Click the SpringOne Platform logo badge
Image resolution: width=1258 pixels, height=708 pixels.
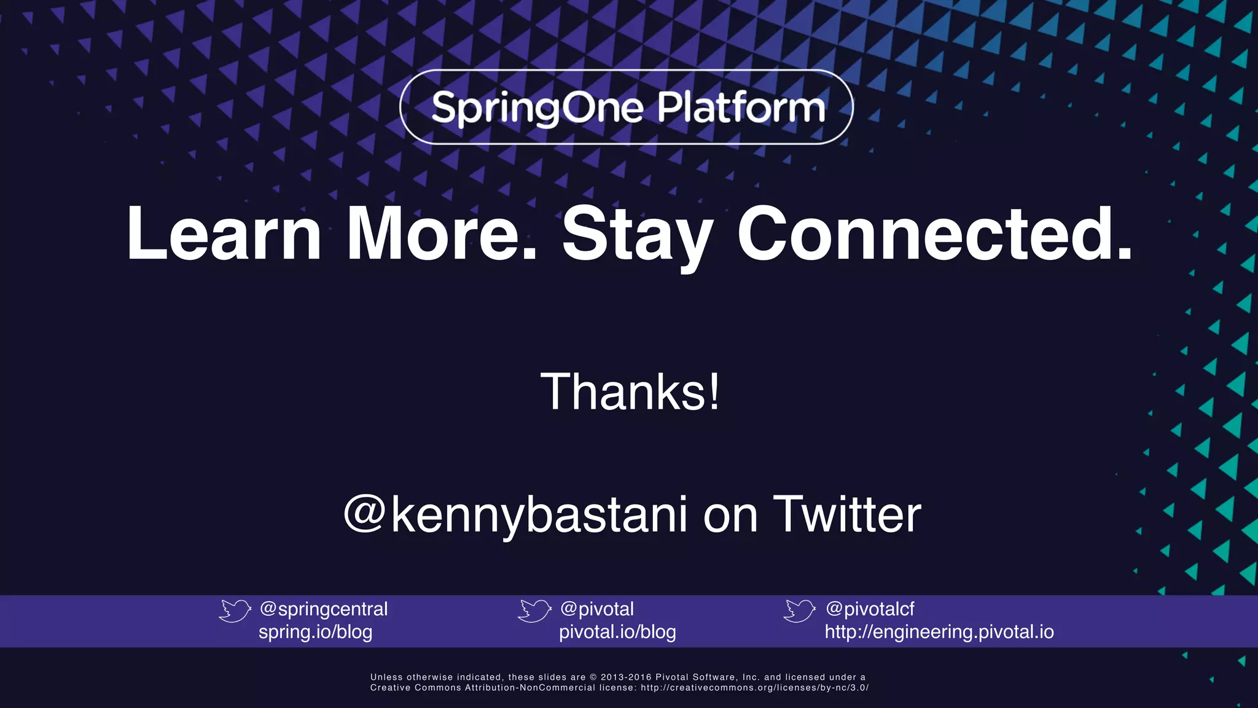click(x=627, y=107)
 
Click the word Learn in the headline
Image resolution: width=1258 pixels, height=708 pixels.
click(x=224, y=234)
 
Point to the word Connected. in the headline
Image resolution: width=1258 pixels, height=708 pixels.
click(x=934, y=234)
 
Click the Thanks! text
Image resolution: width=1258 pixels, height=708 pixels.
click(x=630, y=392)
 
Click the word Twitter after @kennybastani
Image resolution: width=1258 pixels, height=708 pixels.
click(x=847, y=514)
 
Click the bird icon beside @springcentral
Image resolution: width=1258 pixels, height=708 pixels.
click(x=235, y=610)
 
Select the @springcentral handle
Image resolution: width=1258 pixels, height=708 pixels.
click(x=324, y=609)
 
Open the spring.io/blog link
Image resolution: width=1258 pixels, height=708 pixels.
click(x=315, y=632)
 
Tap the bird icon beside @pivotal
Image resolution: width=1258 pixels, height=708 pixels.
click(x=534, y=610)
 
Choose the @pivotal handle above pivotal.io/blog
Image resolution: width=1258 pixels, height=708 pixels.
click(x=597, y=609)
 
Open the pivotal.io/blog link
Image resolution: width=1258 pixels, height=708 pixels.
click(x=617, y=632)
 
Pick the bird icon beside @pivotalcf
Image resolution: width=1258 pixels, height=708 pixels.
click(x=799, y=610)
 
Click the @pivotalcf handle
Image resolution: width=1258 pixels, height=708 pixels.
click(x=870, y=609)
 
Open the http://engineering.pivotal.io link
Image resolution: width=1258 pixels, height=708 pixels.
click(x=939, y=632)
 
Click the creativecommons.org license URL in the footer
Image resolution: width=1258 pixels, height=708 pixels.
click(x=755, y=688)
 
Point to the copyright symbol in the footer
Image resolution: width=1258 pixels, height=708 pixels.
click(x=593, y=677)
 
